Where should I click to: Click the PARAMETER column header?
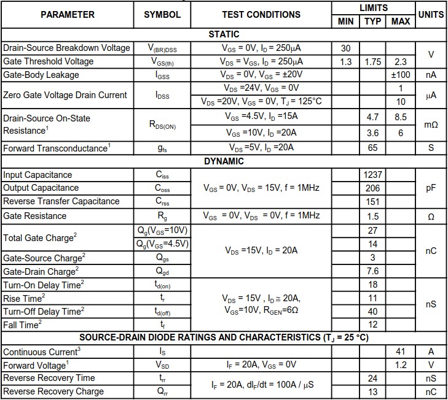[x=67, y=14]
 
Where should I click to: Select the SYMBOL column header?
[x=162, y=14]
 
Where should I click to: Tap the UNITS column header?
[x=431, y=14]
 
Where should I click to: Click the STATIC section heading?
[x=224, y=34]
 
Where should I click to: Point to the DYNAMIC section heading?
[x=224, y=161]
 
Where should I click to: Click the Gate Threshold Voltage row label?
[x=49, y=61]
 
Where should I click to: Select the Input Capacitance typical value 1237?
[x=372, y=175]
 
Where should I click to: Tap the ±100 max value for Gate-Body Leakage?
[x=401, y=75]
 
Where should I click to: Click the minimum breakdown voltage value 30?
[x=345, y=48]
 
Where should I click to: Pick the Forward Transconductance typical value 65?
[x=372, y=148]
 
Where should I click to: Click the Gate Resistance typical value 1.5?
[x=372, y=216]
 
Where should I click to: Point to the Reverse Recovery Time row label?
[x=49, y=378]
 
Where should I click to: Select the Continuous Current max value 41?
[x=401, y=352]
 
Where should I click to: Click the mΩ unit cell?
[x=431, y=125]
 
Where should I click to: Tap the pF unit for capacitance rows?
[x=431, y=188]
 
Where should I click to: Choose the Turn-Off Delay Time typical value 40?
[x=372, y=311]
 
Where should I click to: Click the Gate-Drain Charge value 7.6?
[x=372, y=271]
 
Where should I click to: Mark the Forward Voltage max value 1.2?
[x=401, y=364]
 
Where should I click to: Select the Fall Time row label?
[x=23, y=325]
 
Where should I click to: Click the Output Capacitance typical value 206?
[x=372, y=188]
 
